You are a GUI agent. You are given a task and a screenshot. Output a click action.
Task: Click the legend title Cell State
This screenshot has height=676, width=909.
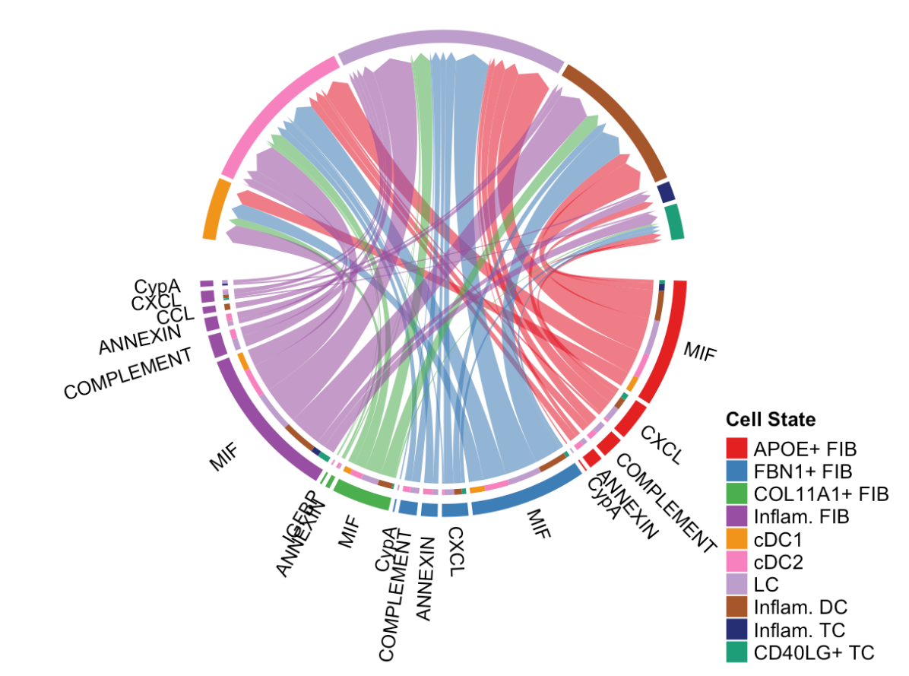[x=771, y=419]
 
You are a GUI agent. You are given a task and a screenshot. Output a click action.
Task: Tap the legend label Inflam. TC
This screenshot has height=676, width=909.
[x=800, y=630]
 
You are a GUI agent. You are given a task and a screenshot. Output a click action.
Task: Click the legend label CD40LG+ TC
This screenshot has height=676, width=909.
[x=813, y=652]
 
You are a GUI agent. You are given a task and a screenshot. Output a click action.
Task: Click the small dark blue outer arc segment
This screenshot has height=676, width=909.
[x=667, y=192]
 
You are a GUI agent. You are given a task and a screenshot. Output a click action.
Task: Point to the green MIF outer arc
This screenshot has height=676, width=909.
[x=362, y=497]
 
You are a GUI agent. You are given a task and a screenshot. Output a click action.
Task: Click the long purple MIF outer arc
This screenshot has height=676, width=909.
[x=258, y=426]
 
